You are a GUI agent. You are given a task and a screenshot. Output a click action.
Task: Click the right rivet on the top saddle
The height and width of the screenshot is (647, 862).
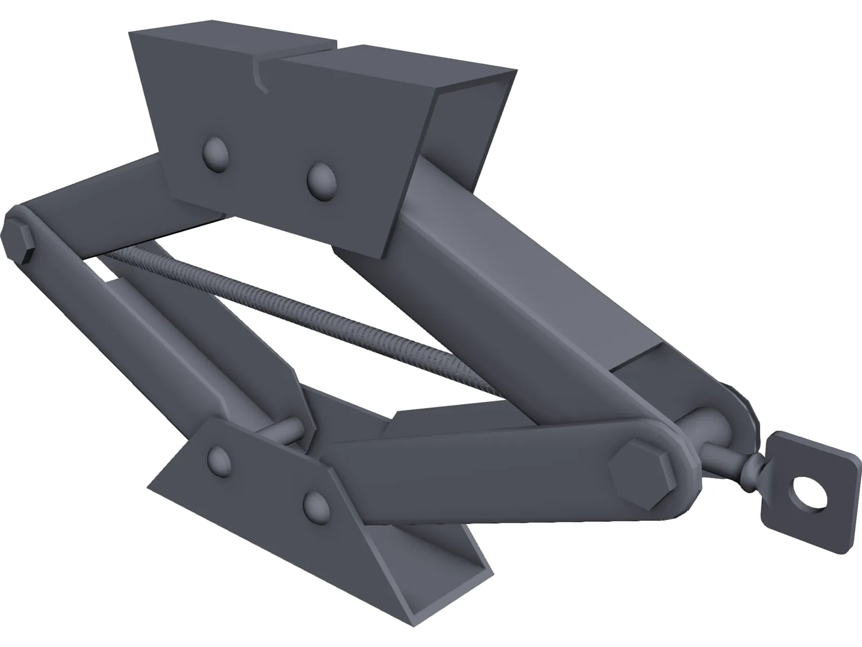321,181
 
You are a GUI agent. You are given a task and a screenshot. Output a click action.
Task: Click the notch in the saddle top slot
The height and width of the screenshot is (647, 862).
262,75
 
